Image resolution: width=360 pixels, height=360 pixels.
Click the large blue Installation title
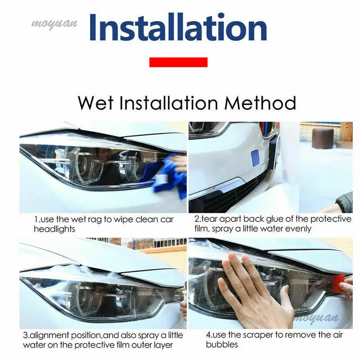pyautogui.click(x=178, y=28)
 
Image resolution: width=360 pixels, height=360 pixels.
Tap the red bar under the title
pyautogui.click(x=178, y=62)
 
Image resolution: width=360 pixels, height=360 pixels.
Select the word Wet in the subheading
pyautogui.click(x=96, y=103)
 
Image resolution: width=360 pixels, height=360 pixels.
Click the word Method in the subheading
pyautogui.click(x=261, y=103)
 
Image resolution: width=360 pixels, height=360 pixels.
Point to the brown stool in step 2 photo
pyautogui.click(x=323, y=138)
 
